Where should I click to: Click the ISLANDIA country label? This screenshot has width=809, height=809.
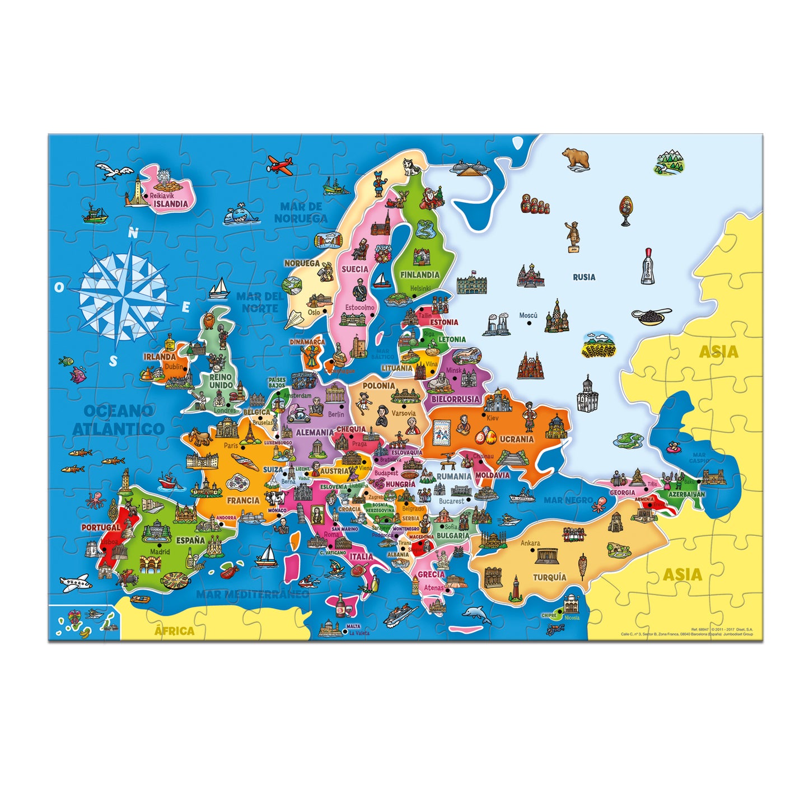[171, 204]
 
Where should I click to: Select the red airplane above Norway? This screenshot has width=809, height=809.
[280, 164]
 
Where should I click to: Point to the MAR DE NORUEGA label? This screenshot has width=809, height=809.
[301, 212]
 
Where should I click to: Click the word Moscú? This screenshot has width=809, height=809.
[528, 316]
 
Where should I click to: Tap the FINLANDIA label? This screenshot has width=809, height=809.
[419, 275]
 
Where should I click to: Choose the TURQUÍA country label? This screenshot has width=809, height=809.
[549, 577]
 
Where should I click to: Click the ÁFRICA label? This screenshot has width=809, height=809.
[174, 631]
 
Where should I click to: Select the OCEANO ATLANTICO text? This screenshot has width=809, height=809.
[118, 420]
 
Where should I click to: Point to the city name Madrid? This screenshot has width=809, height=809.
[160, 551]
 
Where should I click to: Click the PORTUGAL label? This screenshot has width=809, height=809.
[100, 527]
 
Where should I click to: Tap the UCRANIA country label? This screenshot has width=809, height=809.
[516, 439]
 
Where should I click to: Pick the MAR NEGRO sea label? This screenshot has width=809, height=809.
[568, 500]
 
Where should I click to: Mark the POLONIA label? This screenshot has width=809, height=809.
[378, 386]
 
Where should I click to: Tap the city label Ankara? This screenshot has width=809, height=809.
[530, 543]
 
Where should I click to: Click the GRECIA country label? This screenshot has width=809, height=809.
[431, 574]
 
